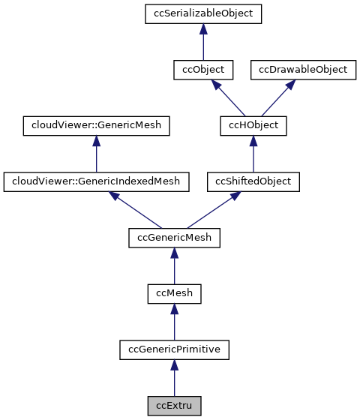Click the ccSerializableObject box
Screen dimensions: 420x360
[204, 14]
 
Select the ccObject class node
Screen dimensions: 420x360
[204, 70]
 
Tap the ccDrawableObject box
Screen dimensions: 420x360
[303, 70]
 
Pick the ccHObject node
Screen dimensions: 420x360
[253, 125]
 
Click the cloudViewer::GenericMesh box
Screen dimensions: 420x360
[96, 125]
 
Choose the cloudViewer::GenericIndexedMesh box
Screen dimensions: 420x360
[96, 181]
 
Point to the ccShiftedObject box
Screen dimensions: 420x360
[253, 181]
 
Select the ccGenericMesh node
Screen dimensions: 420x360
[174, 237]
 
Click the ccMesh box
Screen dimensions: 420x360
[174, 292]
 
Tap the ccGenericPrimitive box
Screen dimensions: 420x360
[174, 349]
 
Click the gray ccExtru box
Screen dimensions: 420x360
[174, 405]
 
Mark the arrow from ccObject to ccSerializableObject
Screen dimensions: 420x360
[204, 42]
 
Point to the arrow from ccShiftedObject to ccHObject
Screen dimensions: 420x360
[253, 153]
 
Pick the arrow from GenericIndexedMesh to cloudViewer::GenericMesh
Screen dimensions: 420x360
[96, 153]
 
